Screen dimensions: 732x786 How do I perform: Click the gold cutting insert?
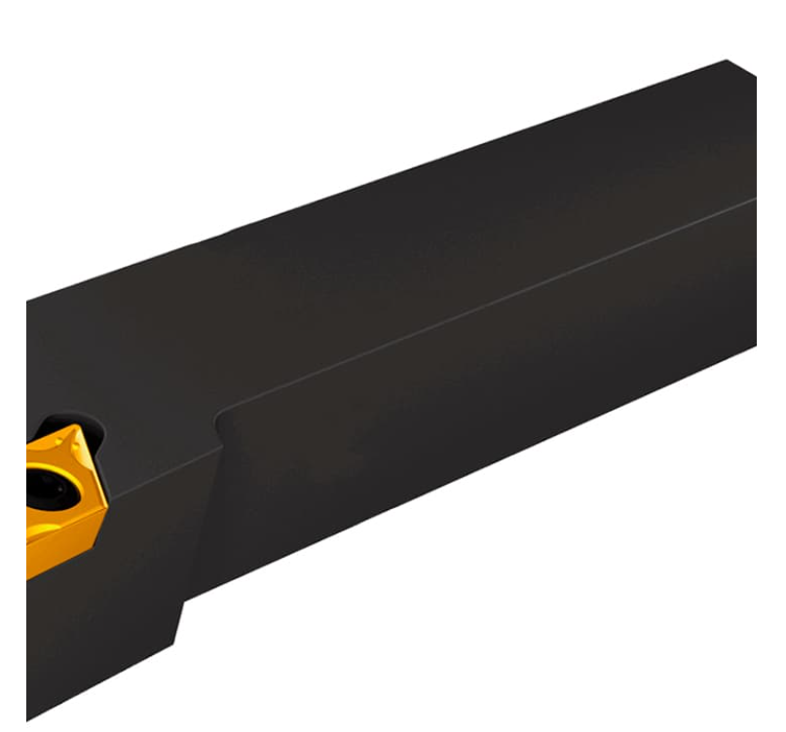[64, 501]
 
